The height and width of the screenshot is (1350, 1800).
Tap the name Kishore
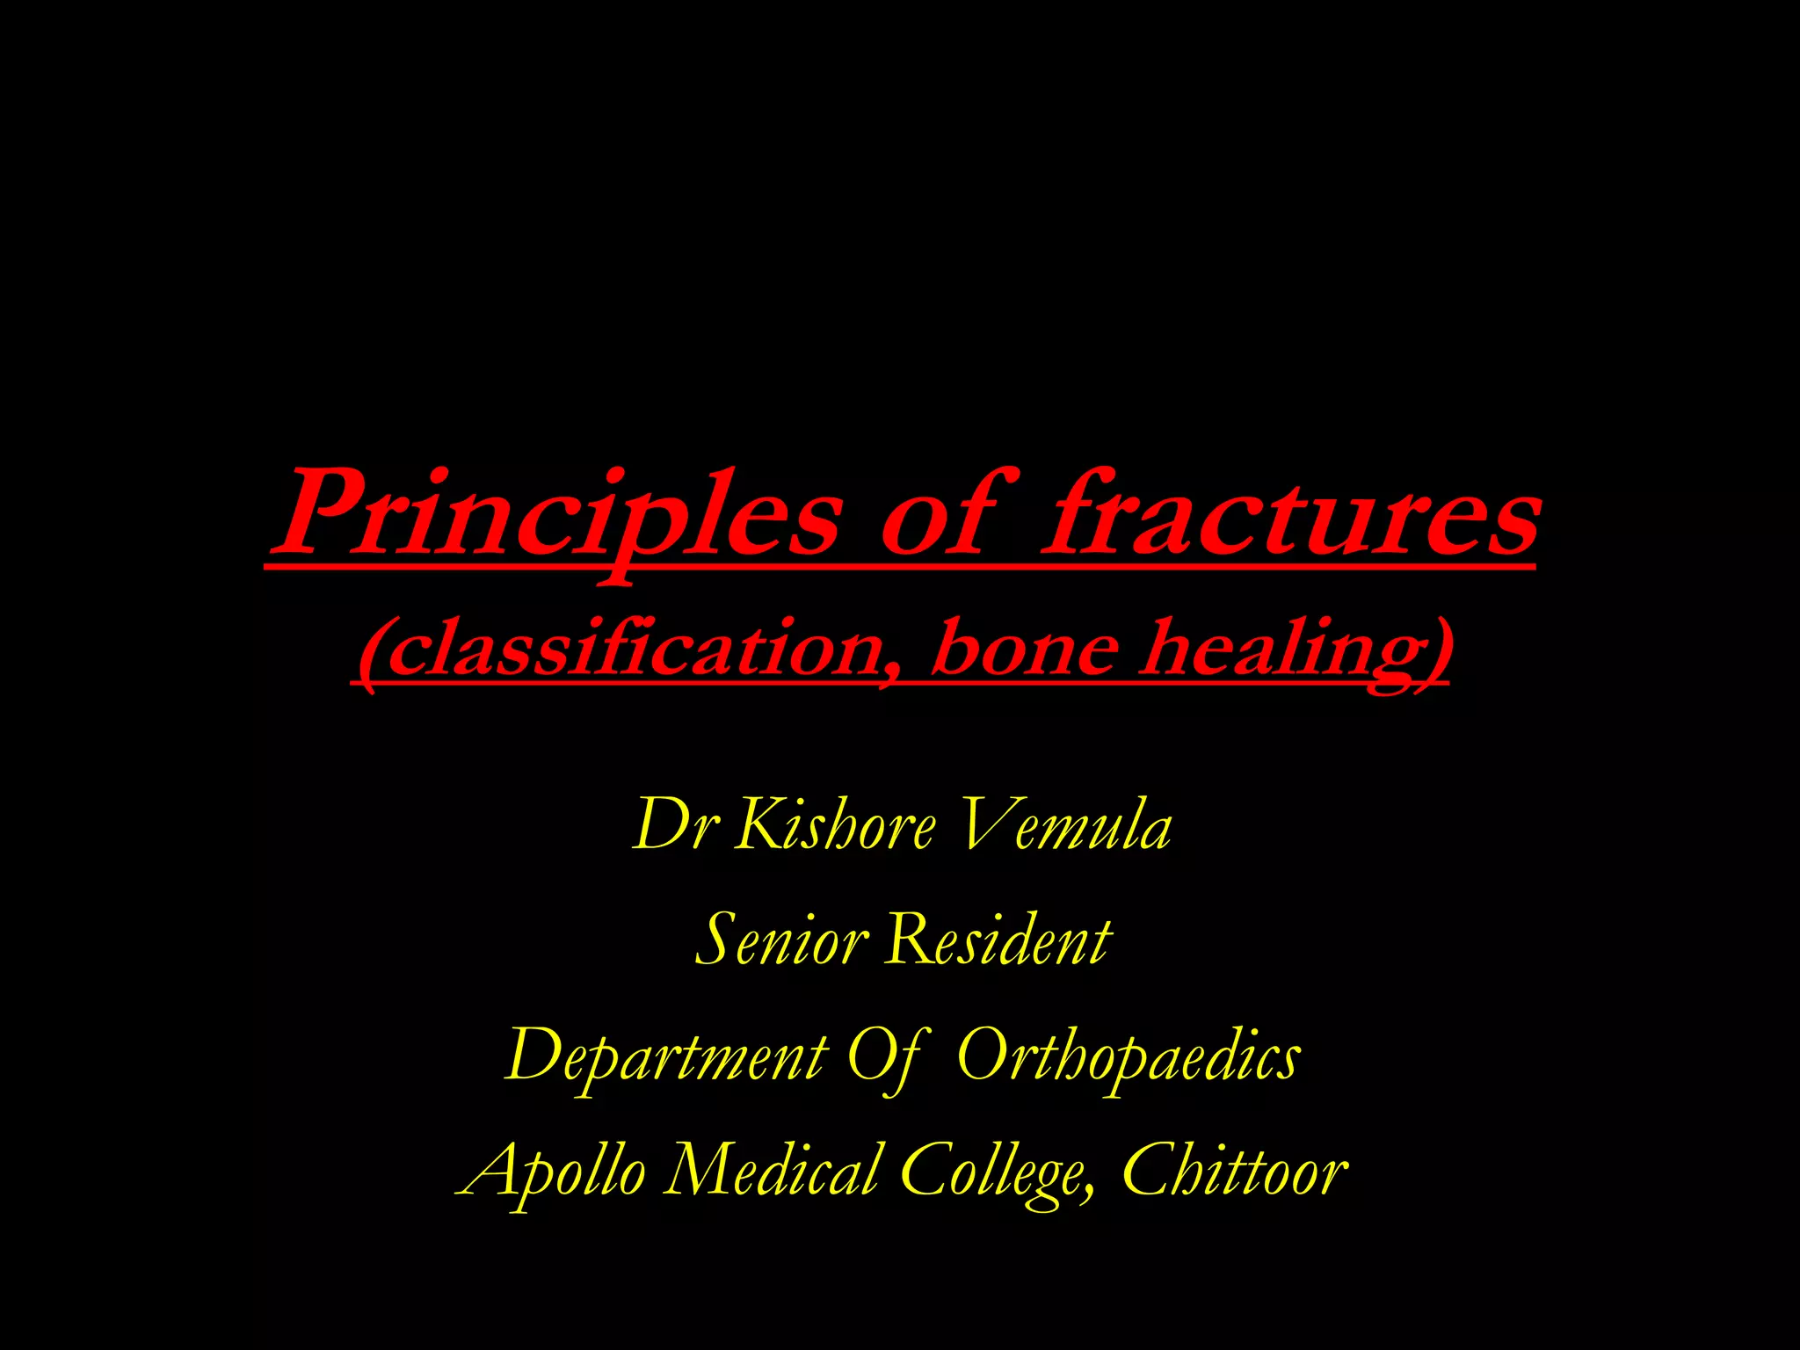[835, 826]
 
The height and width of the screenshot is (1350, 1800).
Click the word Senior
[781, 940]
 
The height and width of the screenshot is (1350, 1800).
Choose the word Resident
[998, 940]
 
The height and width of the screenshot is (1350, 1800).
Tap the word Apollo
[554, 1172]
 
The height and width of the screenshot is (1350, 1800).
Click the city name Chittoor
[1234, 1172]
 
